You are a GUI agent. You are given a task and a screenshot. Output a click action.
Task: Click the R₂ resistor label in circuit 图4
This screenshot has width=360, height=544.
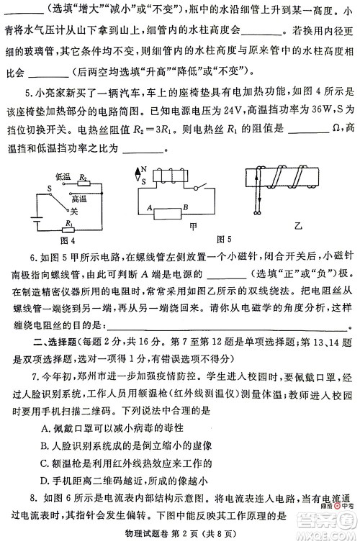coord(83,176)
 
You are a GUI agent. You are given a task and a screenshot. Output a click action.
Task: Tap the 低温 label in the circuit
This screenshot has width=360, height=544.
coord(63,176)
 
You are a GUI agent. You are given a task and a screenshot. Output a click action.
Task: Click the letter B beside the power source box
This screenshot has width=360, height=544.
coord(186,207)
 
